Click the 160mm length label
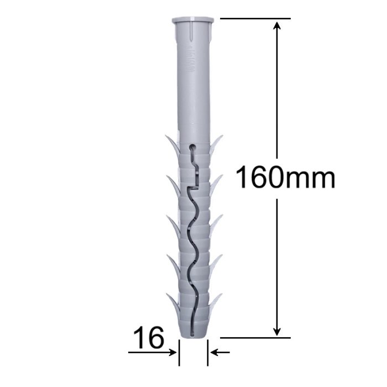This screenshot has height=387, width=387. (285, 177)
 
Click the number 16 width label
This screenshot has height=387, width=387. (149, 337)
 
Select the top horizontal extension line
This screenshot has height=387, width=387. (255, 18)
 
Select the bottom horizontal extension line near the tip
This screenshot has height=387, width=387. (255, 338)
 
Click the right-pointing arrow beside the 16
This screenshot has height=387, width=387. (152, 353)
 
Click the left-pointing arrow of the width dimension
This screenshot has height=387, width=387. (220, 353)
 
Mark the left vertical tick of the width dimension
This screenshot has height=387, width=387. (179, 353)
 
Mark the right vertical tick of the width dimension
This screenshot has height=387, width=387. (207, 353)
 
